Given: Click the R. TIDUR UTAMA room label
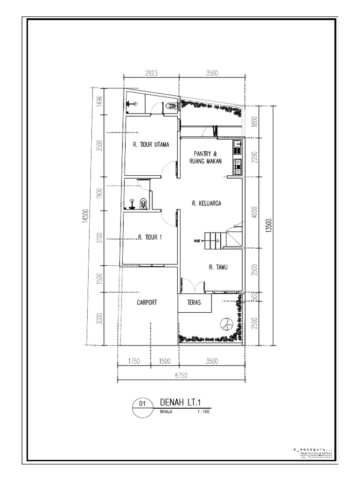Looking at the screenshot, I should [151, 144].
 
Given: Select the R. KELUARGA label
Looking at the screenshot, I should [206, 203].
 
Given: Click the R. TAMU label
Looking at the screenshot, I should [218, 267].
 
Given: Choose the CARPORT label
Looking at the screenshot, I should [147, 302].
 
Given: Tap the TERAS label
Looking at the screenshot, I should [194, 303].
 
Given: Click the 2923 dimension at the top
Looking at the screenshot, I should [151, 74].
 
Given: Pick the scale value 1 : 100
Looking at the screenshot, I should [203, 413].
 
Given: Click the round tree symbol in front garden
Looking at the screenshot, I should [225, 324].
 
